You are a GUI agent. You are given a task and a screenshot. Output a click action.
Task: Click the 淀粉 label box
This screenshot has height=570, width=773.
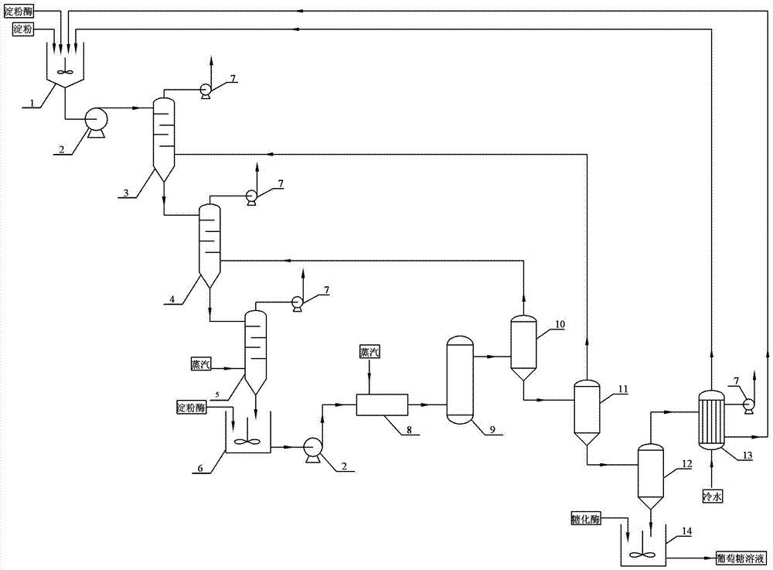click(22, 29)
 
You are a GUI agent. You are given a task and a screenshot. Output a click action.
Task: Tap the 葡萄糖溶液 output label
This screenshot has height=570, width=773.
click(741, 558)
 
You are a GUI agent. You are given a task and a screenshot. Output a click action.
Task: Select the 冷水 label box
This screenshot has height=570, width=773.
click(713, 496)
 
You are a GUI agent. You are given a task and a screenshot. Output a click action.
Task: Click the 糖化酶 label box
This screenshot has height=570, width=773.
click(586, 519)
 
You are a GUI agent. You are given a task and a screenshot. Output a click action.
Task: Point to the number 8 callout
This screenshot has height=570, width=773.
click(409, 430)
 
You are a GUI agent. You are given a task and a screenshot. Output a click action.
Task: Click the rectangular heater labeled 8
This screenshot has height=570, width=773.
click(382, 404)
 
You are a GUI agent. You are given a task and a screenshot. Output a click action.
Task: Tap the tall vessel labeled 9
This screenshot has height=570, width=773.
click(459, 380)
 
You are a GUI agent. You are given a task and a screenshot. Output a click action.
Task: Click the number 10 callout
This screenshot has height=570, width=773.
click(560, 324)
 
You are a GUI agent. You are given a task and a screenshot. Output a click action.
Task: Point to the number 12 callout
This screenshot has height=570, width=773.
click(686, 464)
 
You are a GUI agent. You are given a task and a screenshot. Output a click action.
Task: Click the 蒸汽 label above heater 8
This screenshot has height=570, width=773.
click(369, 352)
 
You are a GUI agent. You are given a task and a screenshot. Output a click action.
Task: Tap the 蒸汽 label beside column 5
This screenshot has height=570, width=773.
click(201, 364)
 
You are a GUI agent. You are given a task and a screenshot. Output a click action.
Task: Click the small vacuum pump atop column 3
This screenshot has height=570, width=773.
click(205, 90)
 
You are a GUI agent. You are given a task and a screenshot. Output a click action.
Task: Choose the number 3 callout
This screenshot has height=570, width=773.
click(126, 193)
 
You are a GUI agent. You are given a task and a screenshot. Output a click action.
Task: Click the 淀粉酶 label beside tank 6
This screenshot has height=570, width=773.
click(192, 408)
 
